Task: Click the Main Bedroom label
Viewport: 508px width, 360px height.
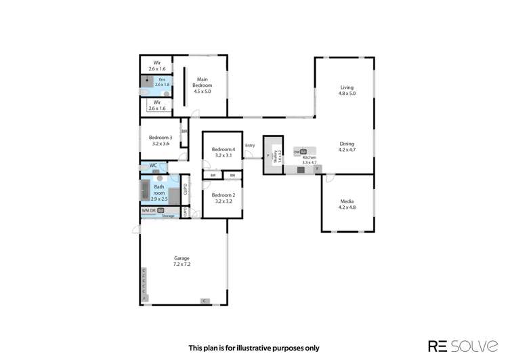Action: tap(202, 81)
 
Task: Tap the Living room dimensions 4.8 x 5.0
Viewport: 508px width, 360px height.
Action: tap(347, 93)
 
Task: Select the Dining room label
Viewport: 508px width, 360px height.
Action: tap(347, 144)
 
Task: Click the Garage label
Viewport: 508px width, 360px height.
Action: tap(182, 258)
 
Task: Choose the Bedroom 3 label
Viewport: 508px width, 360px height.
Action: tap(161, 138)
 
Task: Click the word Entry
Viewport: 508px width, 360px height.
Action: tap(250, 145)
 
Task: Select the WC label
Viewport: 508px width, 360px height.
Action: tap(153, 165)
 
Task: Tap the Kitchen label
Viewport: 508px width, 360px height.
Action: tap(309, 157)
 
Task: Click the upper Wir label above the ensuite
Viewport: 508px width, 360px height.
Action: tap(156, 63)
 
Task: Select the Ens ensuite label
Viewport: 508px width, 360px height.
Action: tap(161, 81)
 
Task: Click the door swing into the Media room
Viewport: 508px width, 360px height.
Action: tap(330, 178)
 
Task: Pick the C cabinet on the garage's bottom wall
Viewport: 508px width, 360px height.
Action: tap(203, 300)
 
